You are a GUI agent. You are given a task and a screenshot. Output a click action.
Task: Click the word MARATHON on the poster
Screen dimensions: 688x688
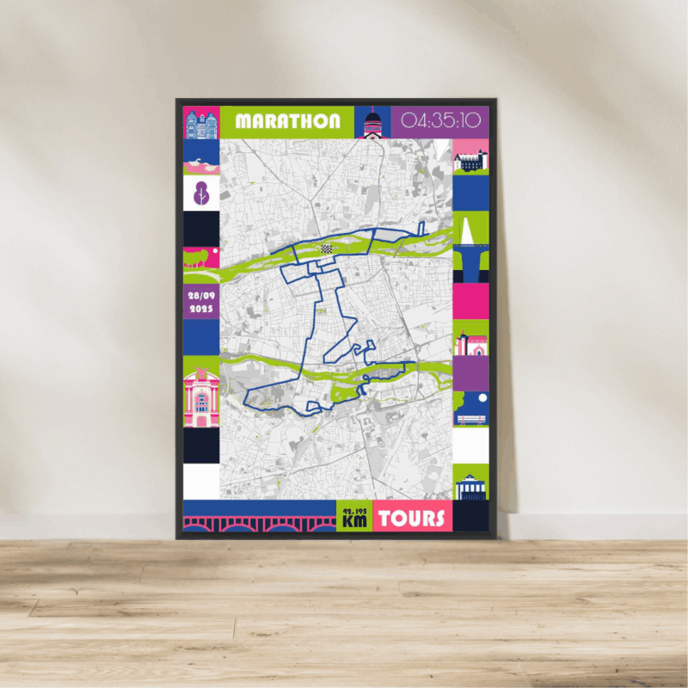[x=287, y=121]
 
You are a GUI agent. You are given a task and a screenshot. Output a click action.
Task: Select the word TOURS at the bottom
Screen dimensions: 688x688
[x=412, y=519]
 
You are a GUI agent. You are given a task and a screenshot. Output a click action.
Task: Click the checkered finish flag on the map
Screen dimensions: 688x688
[x=326, y=248]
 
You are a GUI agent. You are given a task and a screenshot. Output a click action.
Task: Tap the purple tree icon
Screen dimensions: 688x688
[x=201, y=192]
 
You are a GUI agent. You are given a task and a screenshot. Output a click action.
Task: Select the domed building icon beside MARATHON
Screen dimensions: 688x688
[x=372, y=124]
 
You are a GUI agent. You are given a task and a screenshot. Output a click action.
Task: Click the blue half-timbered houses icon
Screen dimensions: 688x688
[x=201, y=123]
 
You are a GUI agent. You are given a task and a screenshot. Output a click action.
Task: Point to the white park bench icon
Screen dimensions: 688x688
[x=470, y=420]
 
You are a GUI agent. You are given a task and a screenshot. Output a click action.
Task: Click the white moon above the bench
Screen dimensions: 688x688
[x=482, y=398]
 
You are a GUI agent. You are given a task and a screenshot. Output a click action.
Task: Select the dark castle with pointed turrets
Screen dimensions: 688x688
[x=470, y=160]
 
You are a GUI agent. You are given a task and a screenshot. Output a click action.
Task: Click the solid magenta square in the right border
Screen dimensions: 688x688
[x=470, y=301]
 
